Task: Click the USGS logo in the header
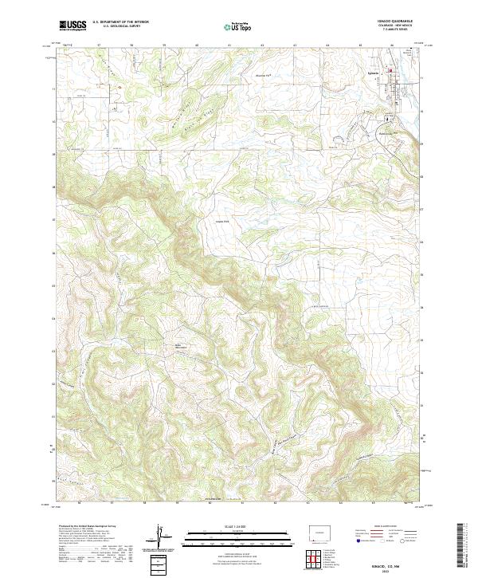coord(72,26)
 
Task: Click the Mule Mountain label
coord(182,344)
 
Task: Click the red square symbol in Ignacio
coord(391,75)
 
